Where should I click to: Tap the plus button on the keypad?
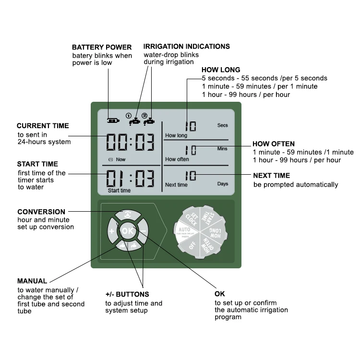(x=112, y=231)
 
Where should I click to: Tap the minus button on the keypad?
(x=143, y=231)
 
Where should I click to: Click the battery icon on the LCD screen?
(x=114, y=121)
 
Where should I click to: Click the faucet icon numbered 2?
(x=149, y=121)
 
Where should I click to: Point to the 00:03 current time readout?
(x=131, y=142)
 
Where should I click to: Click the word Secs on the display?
(x=222, y=125)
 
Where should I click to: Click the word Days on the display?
(x=222, y=184)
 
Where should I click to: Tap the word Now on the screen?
(x=120, y=159)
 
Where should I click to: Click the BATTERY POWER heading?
(x=102, y=47)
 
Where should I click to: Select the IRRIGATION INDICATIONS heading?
(x=187, y=47)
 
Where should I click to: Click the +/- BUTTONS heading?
(x=127, y=294)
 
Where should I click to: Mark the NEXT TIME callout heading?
(x=272, y=176)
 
